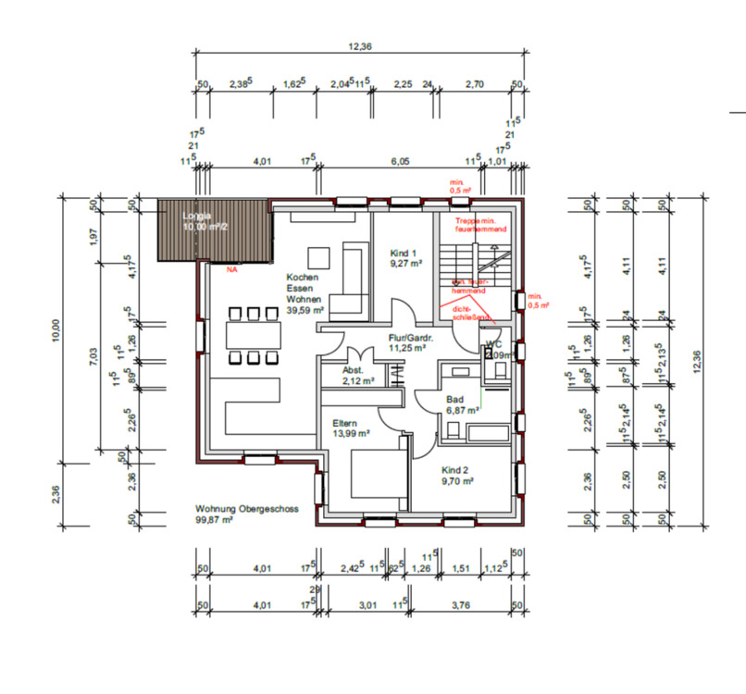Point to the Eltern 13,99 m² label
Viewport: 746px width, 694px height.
pos(352,428)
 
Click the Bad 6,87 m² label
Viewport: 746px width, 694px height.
pos(461,403)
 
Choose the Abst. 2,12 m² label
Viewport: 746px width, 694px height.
pos(357,374)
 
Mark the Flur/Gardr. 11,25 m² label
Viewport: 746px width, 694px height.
pos(406,343)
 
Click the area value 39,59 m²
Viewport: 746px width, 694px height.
pos(305,312)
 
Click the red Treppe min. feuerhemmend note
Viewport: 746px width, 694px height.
pos(481,224)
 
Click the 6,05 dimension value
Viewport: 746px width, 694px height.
pos(400,161)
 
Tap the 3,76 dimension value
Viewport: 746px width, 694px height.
pos(461,605)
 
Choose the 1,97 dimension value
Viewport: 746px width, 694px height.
pos(93,236)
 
